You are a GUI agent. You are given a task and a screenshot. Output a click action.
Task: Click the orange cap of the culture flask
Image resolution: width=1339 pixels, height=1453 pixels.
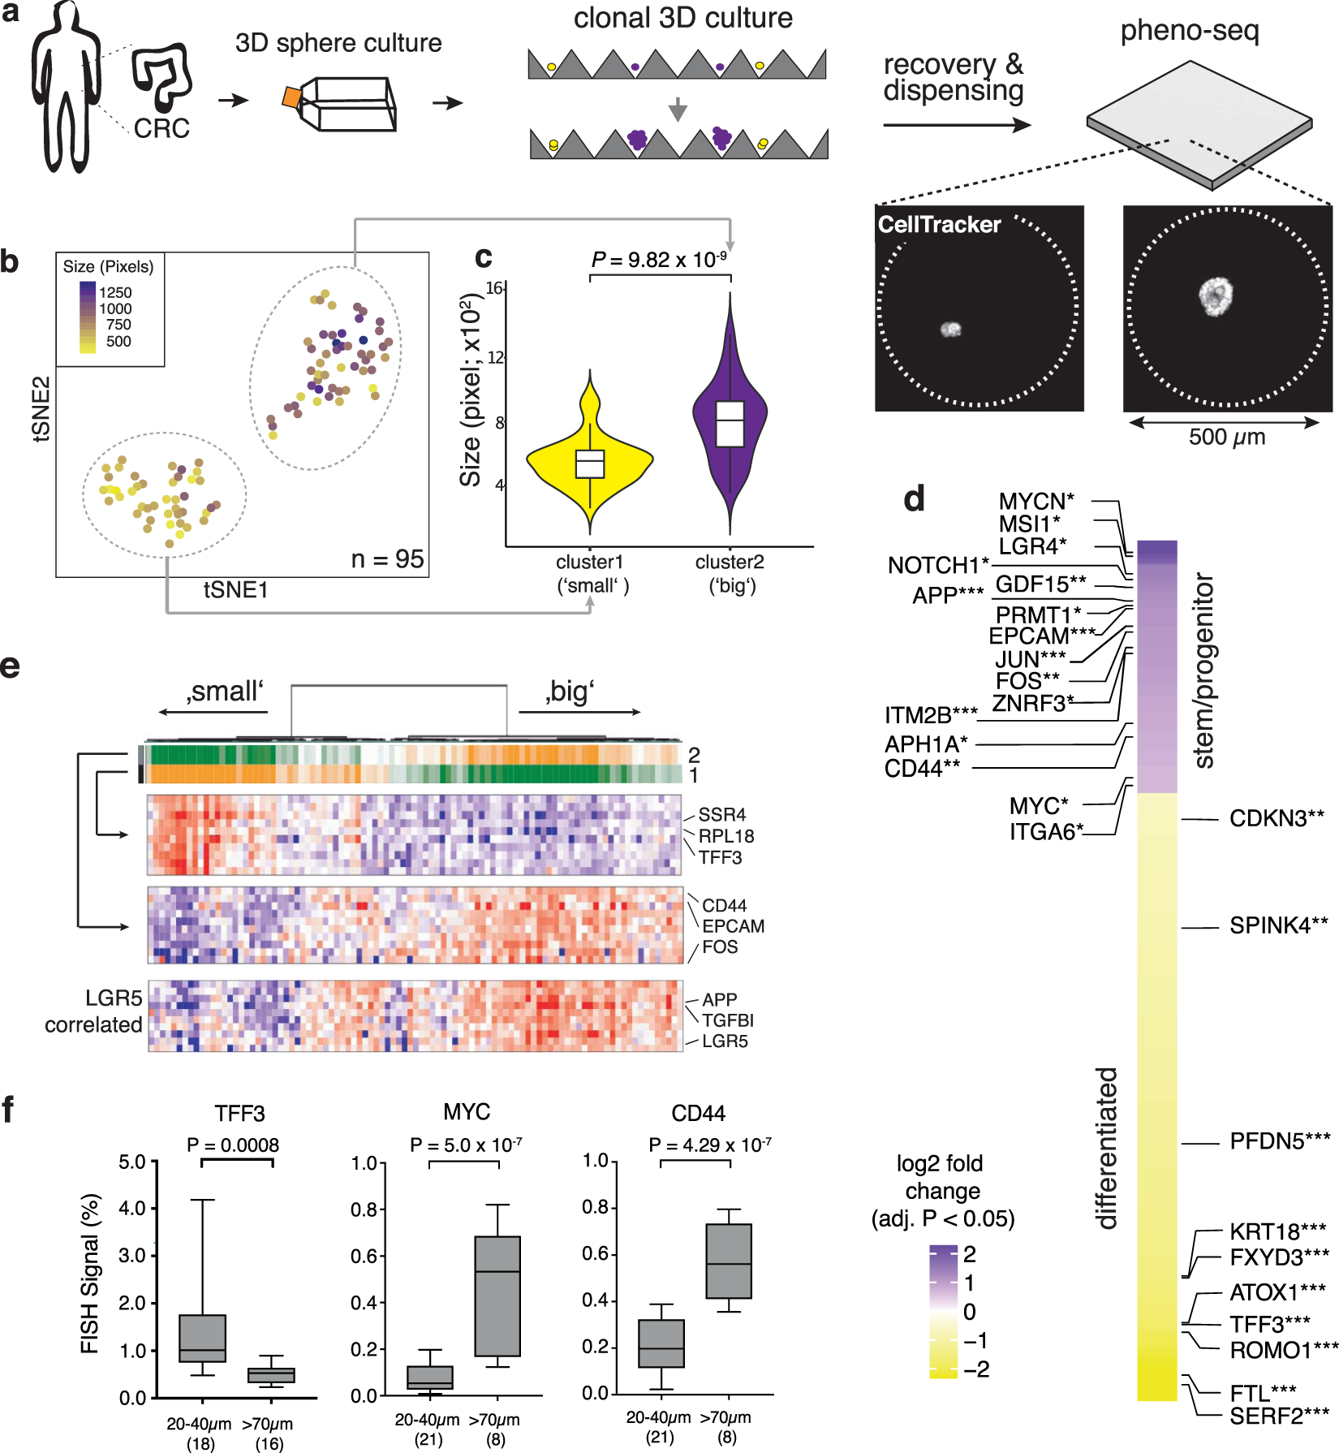[x=291, y=97]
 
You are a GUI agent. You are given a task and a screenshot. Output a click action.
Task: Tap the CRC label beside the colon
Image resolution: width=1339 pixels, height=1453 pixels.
[x=161, y=128]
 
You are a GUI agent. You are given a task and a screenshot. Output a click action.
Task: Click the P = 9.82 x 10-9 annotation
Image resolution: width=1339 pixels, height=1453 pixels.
[x=659, y=260]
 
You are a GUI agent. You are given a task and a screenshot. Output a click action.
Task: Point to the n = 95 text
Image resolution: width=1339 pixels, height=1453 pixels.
[x=387, y=559]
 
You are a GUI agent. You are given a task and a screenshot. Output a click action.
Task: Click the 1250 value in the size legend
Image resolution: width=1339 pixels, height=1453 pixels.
[x=115, y=292]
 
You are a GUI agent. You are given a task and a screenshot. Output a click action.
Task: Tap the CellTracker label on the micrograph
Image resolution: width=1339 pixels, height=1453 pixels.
[x=939, y=225]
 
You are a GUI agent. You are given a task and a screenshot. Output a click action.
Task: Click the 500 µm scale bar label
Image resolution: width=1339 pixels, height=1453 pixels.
[x=1226, y=438]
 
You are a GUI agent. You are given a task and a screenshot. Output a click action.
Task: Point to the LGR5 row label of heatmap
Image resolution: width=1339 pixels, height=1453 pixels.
[x=725, y=1041]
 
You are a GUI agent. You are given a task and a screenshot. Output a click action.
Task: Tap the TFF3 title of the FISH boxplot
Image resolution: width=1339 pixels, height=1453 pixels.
[x=239, y=1113]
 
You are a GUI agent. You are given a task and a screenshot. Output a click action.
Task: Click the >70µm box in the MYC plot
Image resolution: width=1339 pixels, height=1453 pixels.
[x=497, y=1296]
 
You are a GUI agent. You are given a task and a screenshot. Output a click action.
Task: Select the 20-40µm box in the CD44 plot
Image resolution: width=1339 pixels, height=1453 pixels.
[x=661, y=1343]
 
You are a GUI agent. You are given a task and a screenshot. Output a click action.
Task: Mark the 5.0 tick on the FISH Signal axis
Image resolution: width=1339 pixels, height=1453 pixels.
[x=131, y=1162]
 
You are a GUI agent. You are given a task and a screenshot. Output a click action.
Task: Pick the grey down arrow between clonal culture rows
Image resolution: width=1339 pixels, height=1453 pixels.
[x=678, y=109]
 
